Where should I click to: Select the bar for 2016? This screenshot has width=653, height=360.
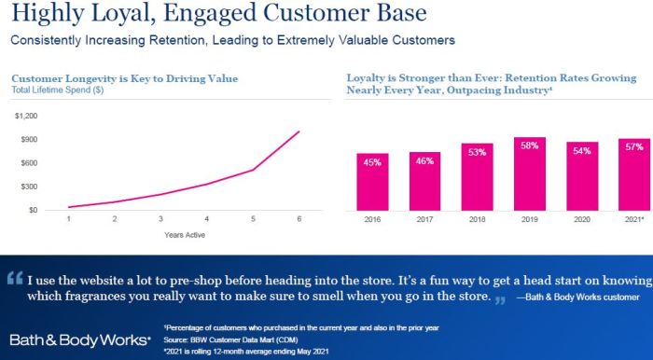(372, 182)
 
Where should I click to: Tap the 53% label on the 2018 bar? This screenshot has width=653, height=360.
(478, 152)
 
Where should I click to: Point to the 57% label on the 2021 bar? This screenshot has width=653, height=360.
(634, 147)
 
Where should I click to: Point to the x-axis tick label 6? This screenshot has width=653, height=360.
(299, 219)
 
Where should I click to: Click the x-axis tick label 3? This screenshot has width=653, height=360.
(160, 219)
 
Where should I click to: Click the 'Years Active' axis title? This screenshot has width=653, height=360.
(183, 235)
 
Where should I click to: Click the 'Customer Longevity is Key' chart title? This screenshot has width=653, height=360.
(124, 78)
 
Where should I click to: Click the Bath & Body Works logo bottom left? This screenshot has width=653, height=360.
(78, 339)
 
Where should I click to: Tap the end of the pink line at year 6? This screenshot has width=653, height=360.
(299, 132)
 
